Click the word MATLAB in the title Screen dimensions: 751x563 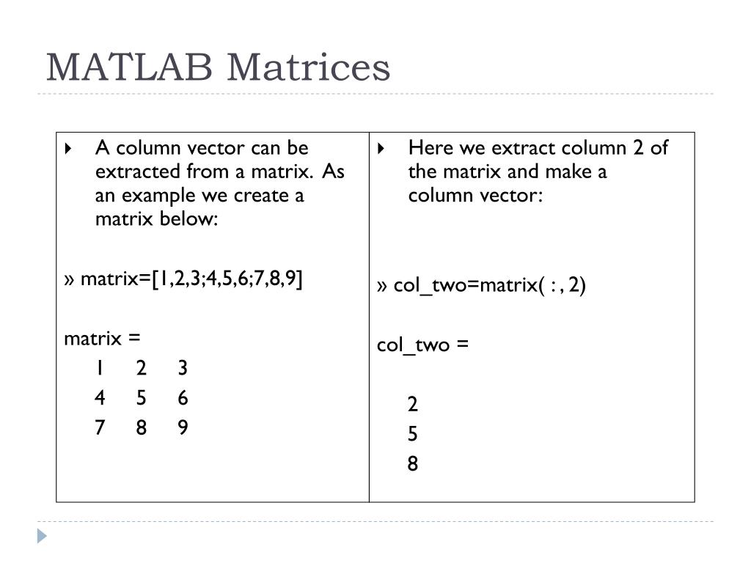click(129, 67)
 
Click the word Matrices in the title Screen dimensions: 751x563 click(309, 67)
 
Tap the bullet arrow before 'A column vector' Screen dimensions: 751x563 click(68, 148)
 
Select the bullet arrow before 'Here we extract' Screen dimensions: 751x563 click(381, 148)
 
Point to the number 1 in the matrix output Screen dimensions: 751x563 click(99, 368)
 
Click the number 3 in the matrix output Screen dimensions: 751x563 click(183, 368)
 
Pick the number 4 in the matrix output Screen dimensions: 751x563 click(100, 398)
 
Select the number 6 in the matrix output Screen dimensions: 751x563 click(183, 398)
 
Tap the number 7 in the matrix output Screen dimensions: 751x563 click(100, 427)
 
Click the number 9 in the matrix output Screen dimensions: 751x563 click(183, 427)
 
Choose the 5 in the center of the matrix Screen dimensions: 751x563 click(141, 398)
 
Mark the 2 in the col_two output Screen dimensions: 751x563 click(412, 405)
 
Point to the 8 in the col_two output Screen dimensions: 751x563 click(412, 464)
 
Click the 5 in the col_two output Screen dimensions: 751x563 click(412, 434)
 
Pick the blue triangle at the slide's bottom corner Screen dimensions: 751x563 click(42, 536)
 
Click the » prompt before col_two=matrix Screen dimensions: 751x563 click(381, 287)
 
